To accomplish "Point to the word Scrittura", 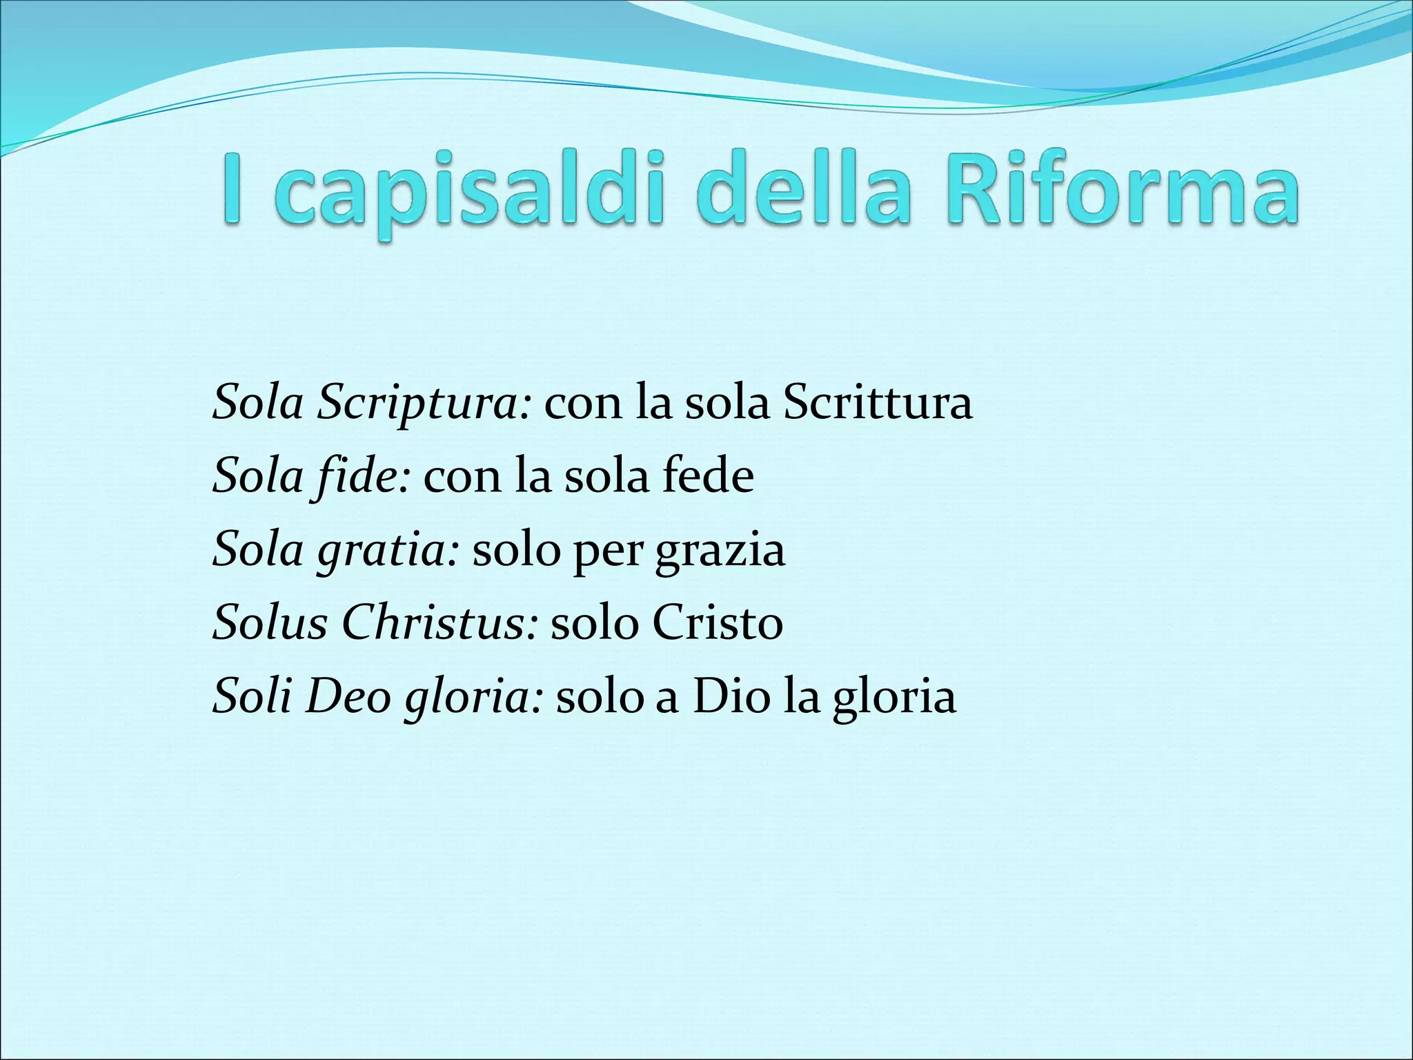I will [x=878, y=402].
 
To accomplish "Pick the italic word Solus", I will [x=270, y=623].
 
